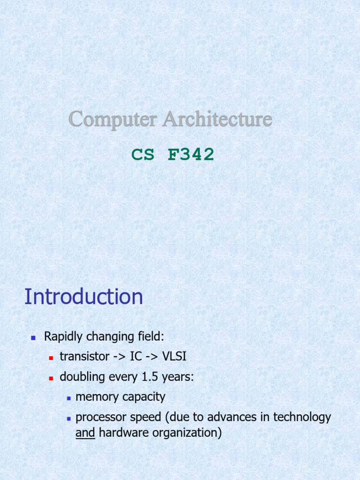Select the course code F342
[191, 154]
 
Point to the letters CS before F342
[143, 154]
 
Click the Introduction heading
[83, 297]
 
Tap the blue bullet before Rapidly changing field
[33, 337]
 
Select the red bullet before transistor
[51, 357]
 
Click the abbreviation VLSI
[174, 357]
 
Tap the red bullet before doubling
[51, 378]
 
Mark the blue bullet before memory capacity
[68, 398]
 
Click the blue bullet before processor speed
[68, 418]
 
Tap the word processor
[98, 418]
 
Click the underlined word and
[85, 433]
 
